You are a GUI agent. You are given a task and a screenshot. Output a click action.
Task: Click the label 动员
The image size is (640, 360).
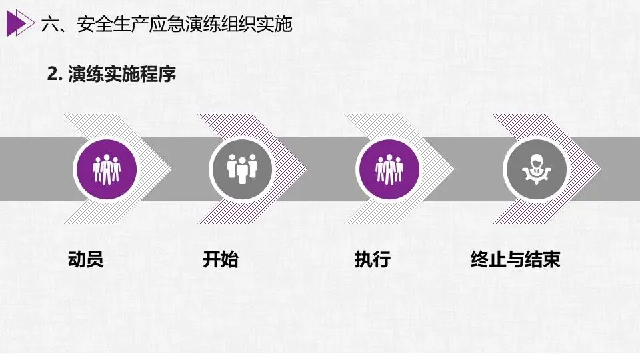(x=85, y=259)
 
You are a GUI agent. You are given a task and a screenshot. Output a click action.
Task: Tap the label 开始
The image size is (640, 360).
(x=220, y=259)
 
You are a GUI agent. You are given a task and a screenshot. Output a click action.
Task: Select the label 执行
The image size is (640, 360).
(x=372, y=259)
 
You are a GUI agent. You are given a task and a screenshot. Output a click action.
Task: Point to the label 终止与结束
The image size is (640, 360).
(x=515, y=259)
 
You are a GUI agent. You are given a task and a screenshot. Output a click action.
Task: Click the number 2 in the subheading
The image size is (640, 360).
(x=51, y=75)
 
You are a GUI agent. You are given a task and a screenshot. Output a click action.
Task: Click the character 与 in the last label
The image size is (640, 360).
(x=515, y=259)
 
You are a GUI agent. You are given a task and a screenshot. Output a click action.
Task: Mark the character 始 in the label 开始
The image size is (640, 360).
(x=229, y=259)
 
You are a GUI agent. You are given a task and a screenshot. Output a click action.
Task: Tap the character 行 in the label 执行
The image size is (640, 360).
(x=381, y=259)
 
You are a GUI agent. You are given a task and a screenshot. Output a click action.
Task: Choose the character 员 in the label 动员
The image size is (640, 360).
(x=95, y=259)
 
